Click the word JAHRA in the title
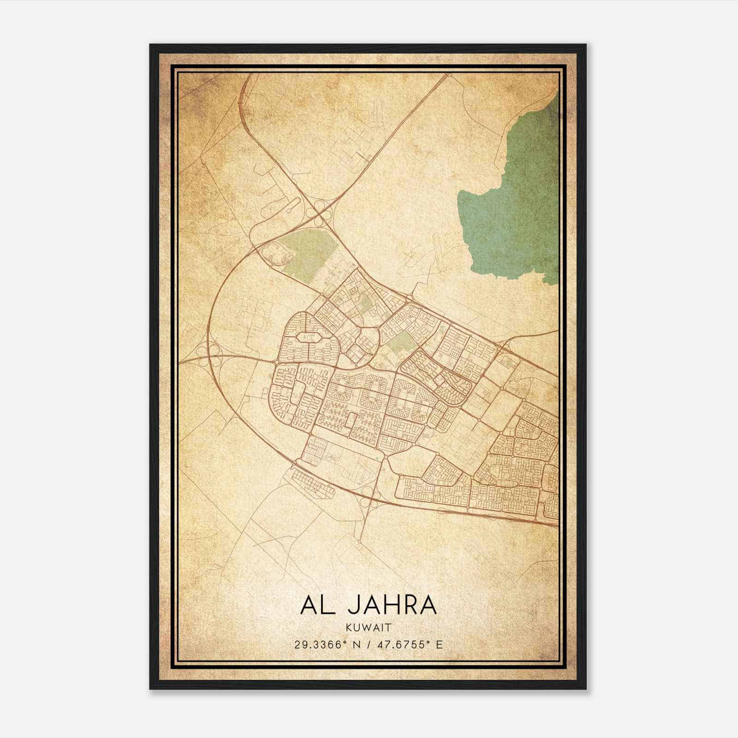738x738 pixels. pos(392,605)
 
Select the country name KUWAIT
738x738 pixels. pos(369,628)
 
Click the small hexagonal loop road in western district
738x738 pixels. pos(307,337)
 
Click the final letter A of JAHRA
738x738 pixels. pos(427,605)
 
